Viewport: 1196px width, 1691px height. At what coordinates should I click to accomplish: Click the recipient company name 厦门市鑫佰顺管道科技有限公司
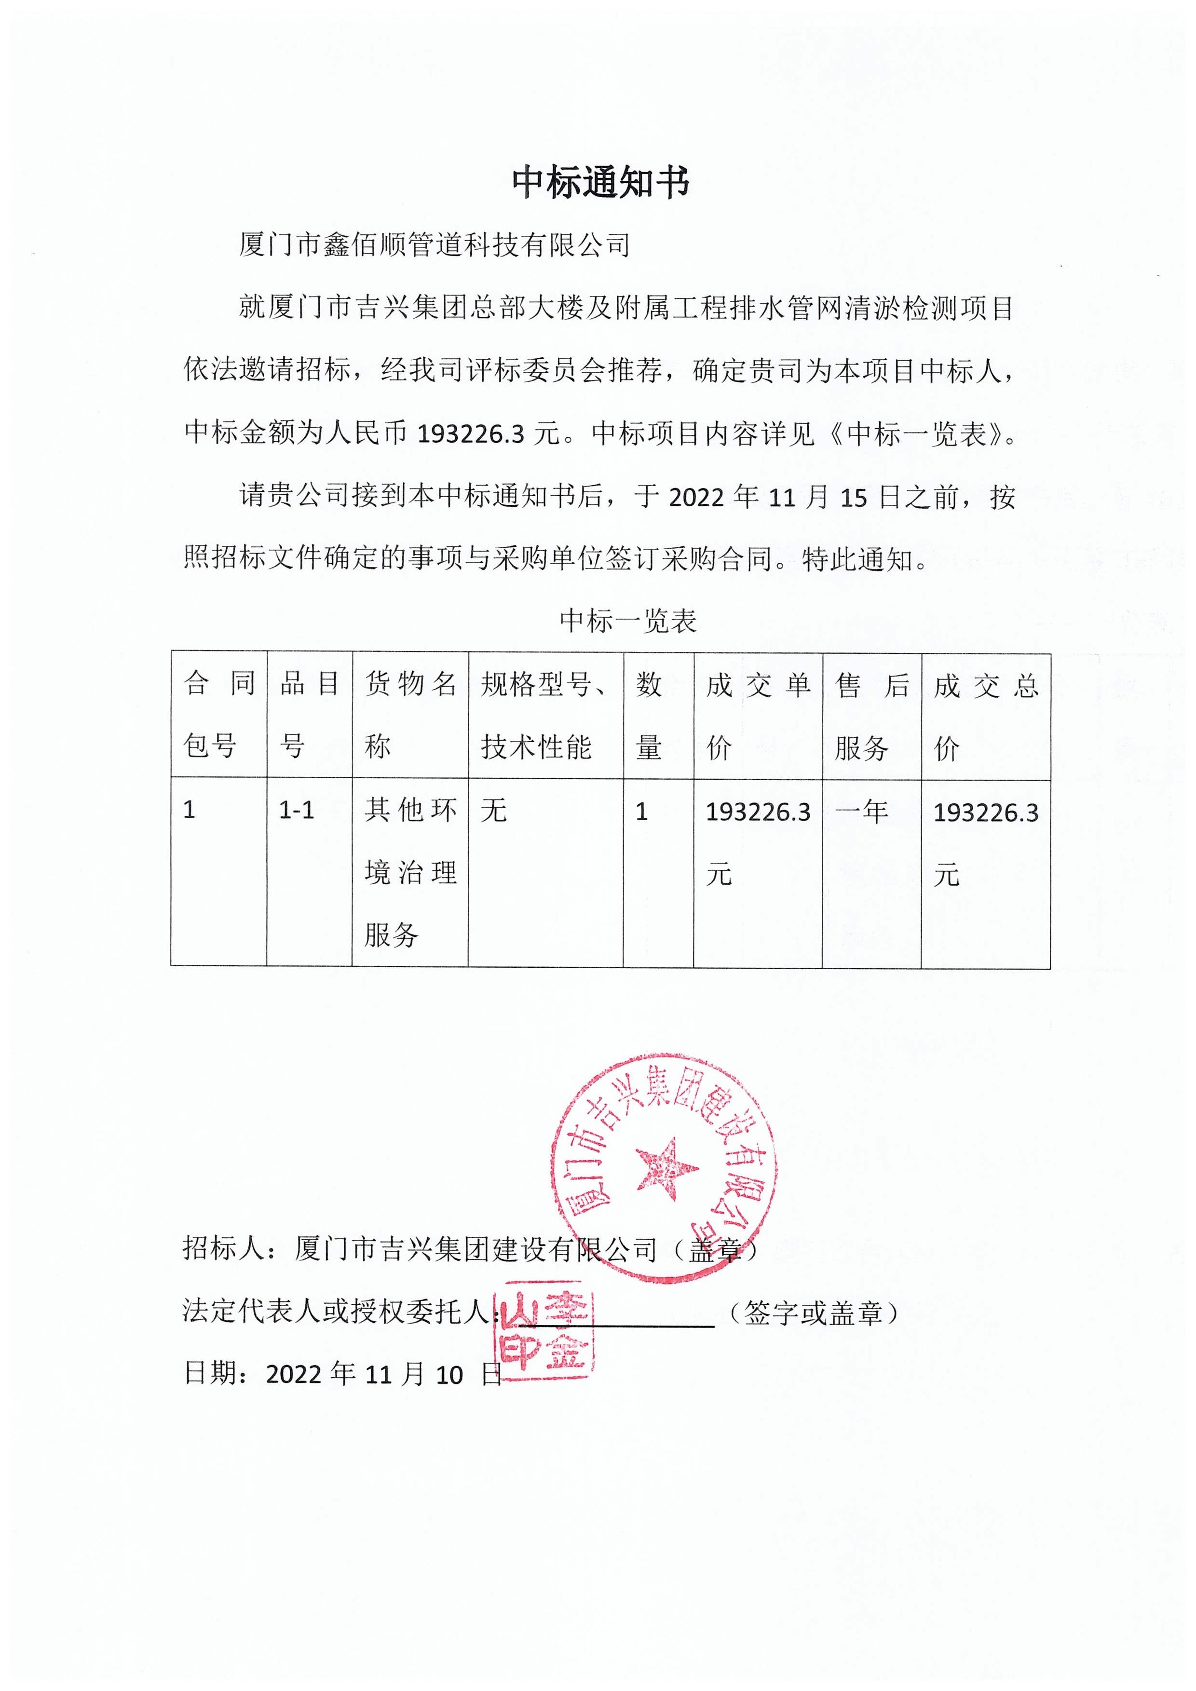(435, 245)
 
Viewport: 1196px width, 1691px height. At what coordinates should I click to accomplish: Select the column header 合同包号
(219, 715)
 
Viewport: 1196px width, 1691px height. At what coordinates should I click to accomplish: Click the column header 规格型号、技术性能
(544, 715)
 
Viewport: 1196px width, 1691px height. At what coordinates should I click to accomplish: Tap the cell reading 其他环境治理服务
(410, 873)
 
